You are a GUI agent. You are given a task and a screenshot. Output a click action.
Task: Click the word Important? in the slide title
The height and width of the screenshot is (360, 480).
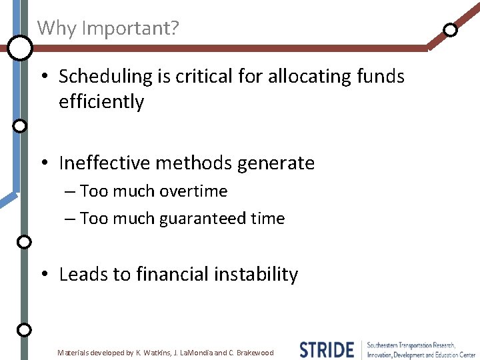click(130, 29)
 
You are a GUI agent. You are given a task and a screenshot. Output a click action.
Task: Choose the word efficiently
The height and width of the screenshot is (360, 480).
click(101, 102)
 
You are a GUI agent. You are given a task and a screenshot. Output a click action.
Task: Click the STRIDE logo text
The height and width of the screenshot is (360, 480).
click(327, 349)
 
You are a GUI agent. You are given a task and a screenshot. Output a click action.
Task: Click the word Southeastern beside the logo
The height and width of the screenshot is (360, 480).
click(387, 345)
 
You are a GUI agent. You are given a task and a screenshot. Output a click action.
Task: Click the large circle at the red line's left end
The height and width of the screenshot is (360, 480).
click(21, 47)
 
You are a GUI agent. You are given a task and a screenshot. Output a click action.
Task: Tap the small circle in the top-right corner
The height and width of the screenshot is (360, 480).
click(451, 29)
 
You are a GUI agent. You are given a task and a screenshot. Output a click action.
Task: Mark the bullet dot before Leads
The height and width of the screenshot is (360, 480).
click(43, 275)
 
